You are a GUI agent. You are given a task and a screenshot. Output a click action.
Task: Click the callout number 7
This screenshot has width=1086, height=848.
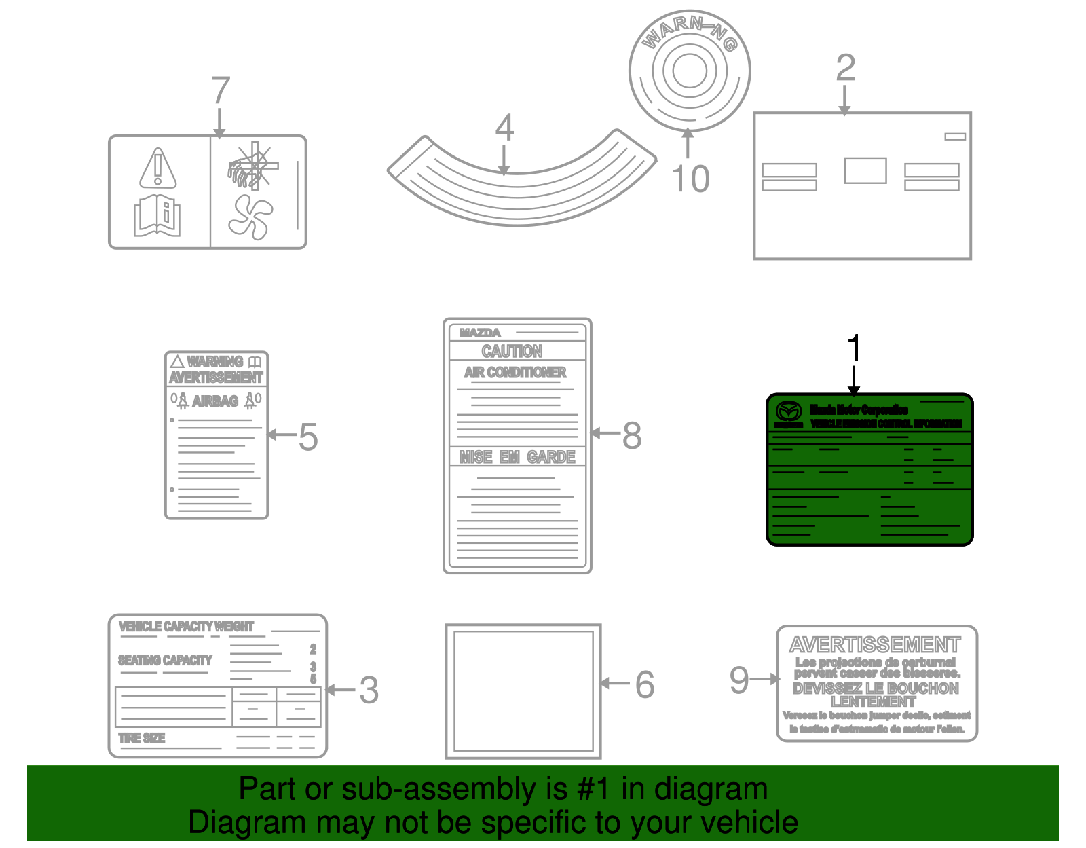[221, 90]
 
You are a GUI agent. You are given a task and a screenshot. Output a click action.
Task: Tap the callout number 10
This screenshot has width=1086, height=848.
[690, 179]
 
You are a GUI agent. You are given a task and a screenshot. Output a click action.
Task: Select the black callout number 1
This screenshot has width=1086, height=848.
[854, 348]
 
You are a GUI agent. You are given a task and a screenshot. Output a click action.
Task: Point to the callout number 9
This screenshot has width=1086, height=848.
[738, 680]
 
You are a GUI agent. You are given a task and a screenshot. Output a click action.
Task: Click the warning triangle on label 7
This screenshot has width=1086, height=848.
[158, 168]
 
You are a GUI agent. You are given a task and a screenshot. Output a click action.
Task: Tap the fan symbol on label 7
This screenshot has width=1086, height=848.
[250, 217]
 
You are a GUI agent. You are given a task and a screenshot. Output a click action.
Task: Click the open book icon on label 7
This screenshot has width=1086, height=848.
[157, 216]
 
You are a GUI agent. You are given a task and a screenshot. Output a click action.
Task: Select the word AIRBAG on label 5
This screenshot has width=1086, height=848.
[215, 401]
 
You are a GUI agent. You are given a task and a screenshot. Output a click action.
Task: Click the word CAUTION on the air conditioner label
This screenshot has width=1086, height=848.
[512, 351]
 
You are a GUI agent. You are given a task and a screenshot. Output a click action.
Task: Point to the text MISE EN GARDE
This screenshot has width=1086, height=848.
[517, 457]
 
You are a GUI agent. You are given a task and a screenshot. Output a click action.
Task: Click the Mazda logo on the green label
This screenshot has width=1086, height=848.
[789, 411]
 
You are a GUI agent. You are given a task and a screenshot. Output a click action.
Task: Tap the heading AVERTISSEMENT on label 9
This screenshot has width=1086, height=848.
[875, 644]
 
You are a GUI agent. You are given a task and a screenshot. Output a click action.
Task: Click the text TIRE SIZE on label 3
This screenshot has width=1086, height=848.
[142, 738]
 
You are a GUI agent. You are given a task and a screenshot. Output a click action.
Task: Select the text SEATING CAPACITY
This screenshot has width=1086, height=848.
[165, 660]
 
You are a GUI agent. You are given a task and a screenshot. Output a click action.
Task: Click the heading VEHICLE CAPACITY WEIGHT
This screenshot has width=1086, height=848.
[186, 626]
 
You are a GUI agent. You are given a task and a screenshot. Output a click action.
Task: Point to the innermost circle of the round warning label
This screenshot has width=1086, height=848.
[690, 71]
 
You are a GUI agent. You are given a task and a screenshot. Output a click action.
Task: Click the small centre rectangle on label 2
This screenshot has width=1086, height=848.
[865, 170]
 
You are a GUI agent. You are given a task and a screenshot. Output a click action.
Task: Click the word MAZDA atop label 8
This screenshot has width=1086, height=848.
[480, 333]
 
